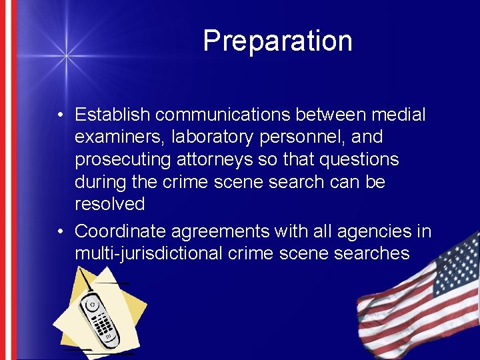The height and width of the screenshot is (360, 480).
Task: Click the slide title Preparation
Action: pyautogui.click(x=277, y=41)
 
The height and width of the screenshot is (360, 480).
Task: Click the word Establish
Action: pyautogui.click(x=113, y=115)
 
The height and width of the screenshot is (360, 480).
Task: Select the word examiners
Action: pyautogui.click(x=120, y=137)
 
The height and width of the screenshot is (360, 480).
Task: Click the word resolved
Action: pyautogui.click(x=109, y=204)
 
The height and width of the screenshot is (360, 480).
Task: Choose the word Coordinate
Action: pyautogui.click(x=120, y=231)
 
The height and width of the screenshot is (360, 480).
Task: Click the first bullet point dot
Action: pyautogui.click(x=60, y=115)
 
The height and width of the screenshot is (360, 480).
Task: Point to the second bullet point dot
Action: pyautogui.click(x=60, y=232)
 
